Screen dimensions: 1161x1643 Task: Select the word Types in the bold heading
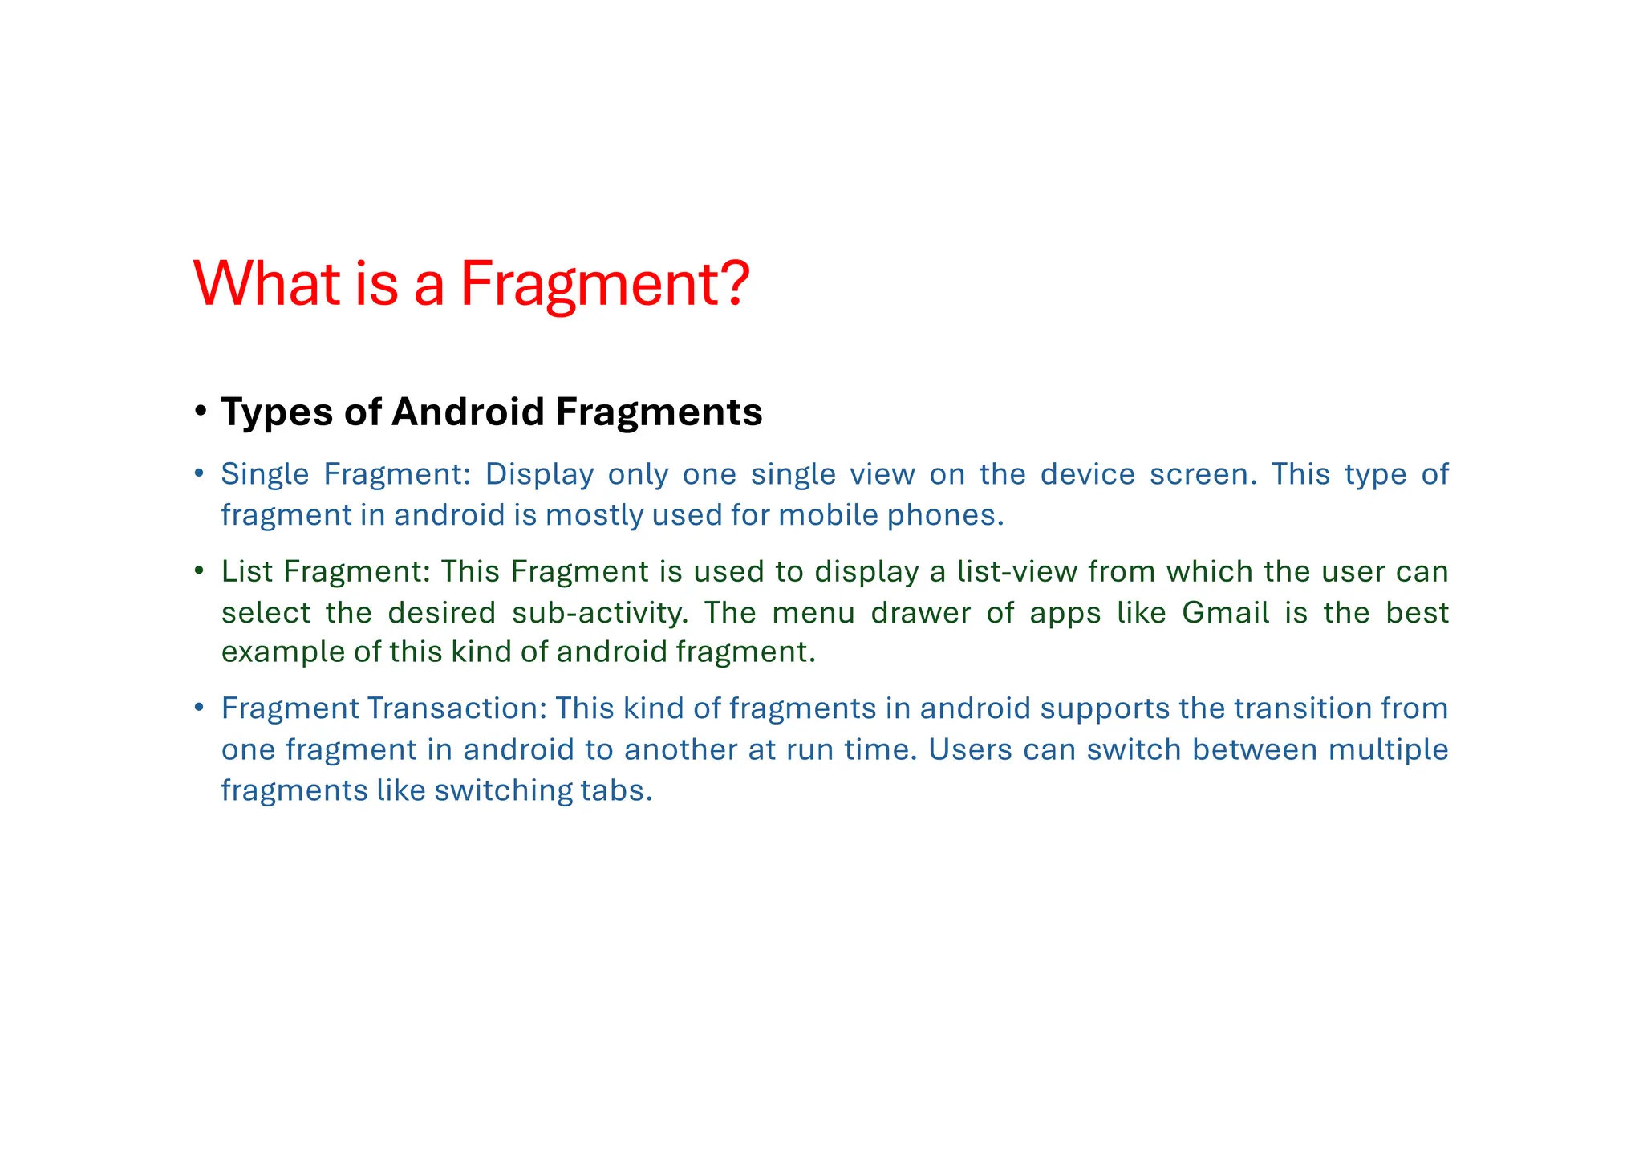click(277, 413)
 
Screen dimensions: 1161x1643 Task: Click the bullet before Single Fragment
click(200, 473)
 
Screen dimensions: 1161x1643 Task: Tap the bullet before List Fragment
click(200, 571)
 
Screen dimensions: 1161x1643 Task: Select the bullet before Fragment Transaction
click(200, 708)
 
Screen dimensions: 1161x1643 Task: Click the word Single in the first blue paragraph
click(266, 474)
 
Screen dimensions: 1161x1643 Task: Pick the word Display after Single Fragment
click(539, 474)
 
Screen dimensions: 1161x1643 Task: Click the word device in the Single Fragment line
click(1088, 474)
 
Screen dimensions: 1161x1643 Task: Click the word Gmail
click(1225, 613)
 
